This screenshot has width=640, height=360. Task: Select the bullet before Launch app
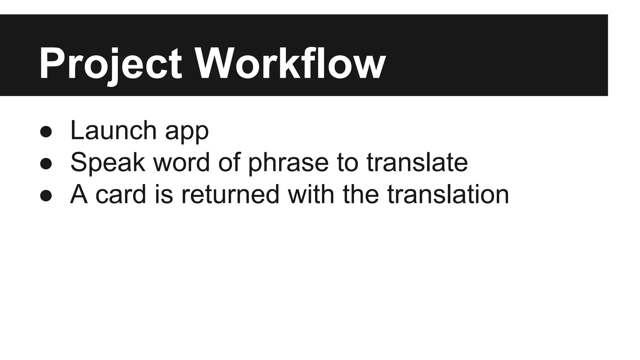[46, 132]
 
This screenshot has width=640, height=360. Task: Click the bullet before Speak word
[46, 164]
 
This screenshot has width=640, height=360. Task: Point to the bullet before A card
[46, 196]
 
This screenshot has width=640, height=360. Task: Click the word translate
[417, 162]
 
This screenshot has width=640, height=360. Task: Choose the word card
[121, 194]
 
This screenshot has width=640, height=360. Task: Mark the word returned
[230, 194]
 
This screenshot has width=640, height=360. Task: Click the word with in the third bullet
[311, 194]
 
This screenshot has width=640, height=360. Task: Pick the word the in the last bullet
[361, 194]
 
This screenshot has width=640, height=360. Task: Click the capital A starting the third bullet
[79, 194]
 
